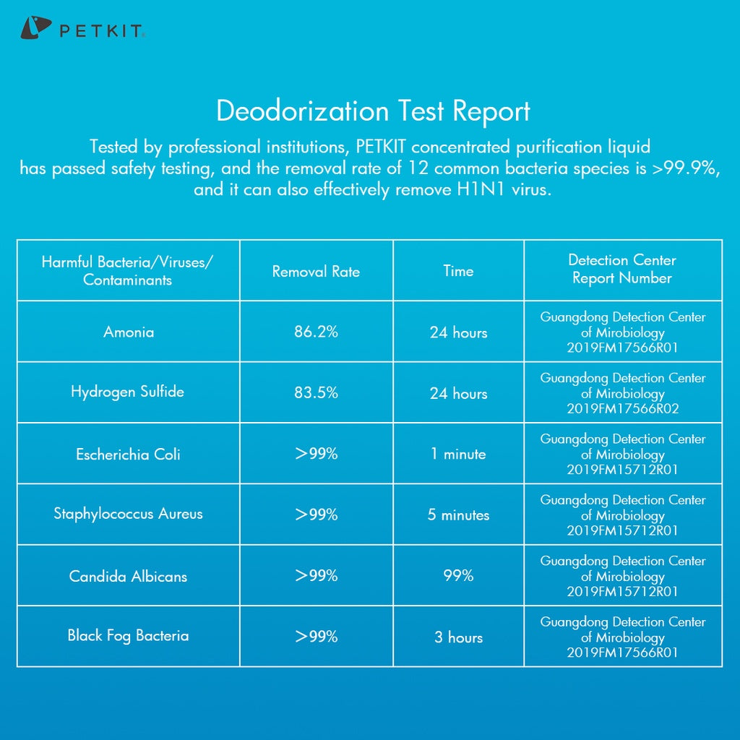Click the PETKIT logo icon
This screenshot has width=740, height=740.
[x=35, y=29]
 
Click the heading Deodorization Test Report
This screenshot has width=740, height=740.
[x=373, y=111]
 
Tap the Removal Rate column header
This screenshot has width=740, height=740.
[x=316, y=272]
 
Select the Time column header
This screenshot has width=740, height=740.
[x=458, y=271]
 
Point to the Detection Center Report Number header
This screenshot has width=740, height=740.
[x=622, y=269]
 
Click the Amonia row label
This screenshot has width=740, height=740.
[x=129, y=332]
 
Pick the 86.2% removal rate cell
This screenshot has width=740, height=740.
[x=316, y=332]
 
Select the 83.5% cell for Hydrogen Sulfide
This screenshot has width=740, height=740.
[x=316, y=393]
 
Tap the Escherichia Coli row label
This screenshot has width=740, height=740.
[x=129, y=455]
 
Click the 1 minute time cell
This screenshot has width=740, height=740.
[x=458, y=455]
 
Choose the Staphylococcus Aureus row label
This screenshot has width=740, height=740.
[x=129, y=515]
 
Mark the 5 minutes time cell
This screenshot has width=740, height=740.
[x=458, y=515]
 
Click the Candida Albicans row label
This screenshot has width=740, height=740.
[x=129, y=577]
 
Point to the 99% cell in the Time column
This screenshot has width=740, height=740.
[x=458, y=576]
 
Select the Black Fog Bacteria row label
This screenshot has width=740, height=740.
[x=129, y=636]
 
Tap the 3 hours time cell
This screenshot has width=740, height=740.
[x=458, y=637]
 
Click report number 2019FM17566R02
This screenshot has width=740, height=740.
[x=622, y=409]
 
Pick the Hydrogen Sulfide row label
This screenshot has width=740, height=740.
[x=127, y=392]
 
